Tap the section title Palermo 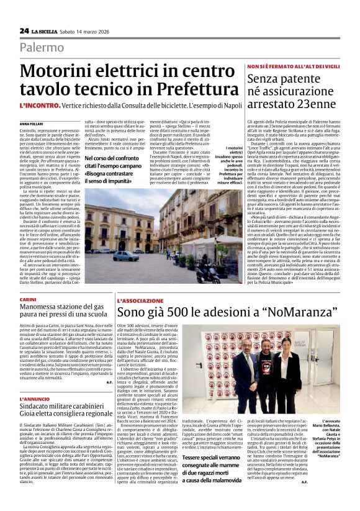point(41,47)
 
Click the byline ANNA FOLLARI point(32,124)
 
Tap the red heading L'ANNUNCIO point(34,399)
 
